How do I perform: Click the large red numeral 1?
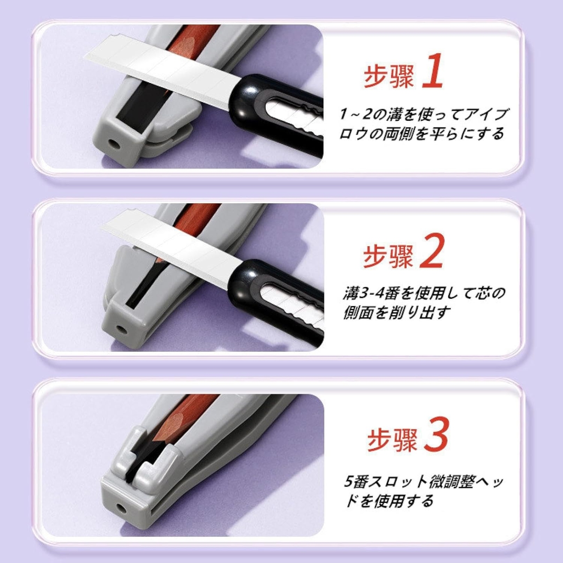tap(432, 72)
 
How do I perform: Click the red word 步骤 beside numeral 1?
tap(388, 76)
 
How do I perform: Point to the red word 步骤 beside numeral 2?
tap(388, 256)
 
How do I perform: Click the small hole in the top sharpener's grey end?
tap(114, 144)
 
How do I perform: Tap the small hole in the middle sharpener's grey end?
tap(122, 330)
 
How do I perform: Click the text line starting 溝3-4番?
tap(424, 293)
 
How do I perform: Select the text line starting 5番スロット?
tap(424, 482)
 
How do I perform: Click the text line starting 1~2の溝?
tap(424, 115)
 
